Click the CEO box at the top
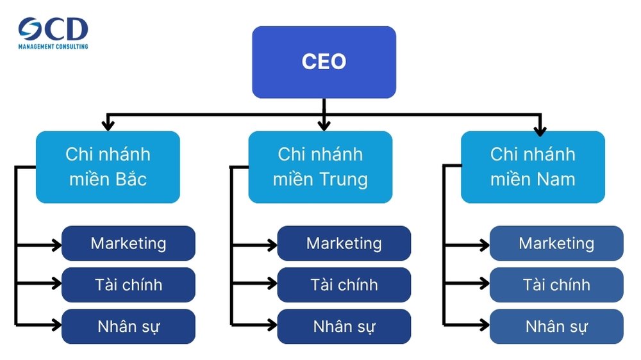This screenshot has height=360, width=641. (324, 62)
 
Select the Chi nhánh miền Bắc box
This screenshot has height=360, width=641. (108, 167)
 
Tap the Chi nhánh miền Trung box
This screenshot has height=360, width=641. (320, 167)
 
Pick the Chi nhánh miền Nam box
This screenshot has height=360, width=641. (533, 167)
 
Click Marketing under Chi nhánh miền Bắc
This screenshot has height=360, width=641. (128, 243)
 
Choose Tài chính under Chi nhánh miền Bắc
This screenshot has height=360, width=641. (128, 285)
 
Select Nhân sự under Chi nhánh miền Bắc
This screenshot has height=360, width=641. (128, 327)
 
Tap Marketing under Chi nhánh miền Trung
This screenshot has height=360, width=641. (344, 243)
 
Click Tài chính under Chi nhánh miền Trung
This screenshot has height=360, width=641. (344, 285)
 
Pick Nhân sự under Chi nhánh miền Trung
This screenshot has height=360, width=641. (344, 327)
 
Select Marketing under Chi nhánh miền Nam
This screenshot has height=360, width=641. (556, 243)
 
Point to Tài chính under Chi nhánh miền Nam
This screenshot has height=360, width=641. (556, 285)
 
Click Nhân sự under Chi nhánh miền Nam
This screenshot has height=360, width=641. (556, 327)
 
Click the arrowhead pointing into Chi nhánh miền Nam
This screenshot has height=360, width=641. (540, 127)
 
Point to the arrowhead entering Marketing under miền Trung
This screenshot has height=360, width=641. (271, 244)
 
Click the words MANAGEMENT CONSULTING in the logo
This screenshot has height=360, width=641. (53, 46)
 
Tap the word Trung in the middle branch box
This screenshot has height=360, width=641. (344, 180)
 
